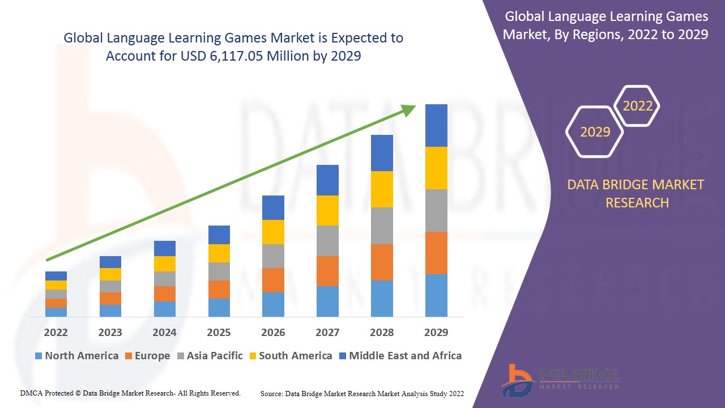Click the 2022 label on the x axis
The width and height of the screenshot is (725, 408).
(56, 332)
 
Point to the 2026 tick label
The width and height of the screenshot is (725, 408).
(273, 332)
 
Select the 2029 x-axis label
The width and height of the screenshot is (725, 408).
(436, 332)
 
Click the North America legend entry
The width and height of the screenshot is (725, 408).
(76, 356)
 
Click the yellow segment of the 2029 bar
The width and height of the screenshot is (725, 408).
(436, 168)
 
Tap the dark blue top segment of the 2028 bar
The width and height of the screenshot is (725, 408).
(382, 153)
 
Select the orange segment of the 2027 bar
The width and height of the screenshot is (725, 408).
(327, 271)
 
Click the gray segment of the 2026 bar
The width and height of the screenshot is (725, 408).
(273, 256)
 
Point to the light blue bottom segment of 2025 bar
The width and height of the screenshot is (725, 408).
(219, 307)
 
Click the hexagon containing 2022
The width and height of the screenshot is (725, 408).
(638, 106)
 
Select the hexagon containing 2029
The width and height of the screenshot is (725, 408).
(595, 132)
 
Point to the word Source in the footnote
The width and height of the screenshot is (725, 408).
(272, 393)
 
